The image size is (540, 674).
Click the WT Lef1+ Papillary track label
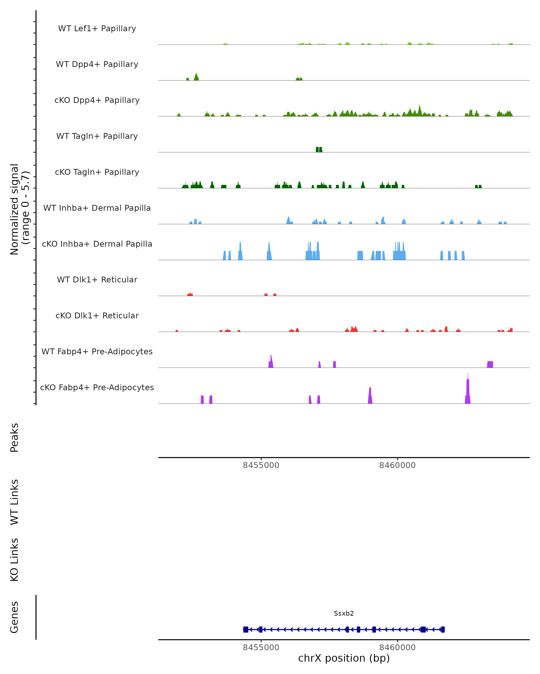pyautogui.click(x=97, y=29)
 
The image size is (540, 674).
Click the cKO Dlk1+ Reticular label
pyautogui.click(x=97, y=315)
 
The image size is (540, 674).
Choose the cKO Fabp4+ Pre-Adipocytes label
pyautogui.click(x=97, y=387)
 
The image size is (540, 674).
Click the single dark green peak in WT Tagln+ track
pyautogui.click(x=319, y=150)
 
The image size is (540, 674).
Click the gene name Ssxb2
pyautogui.click(x=344, y=613)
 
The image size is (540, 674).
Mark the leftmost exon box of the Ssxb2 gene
pyautogui.click(x=246, y=629)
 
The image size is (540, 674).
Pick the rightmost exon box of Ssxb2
pyautogui.click(x=443, y=629)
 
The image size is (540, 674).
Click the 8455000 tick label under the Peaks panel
pyautogui.click(x=261, y=465)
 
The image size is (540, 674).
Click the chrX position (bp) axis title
pyautogui.click(x=344, y=658)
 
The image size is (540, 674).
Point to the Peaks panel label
pyautogui.click(x=14, y=437)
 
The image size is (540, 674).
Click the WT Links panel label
pyautogui.click(x=14, y=502)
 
